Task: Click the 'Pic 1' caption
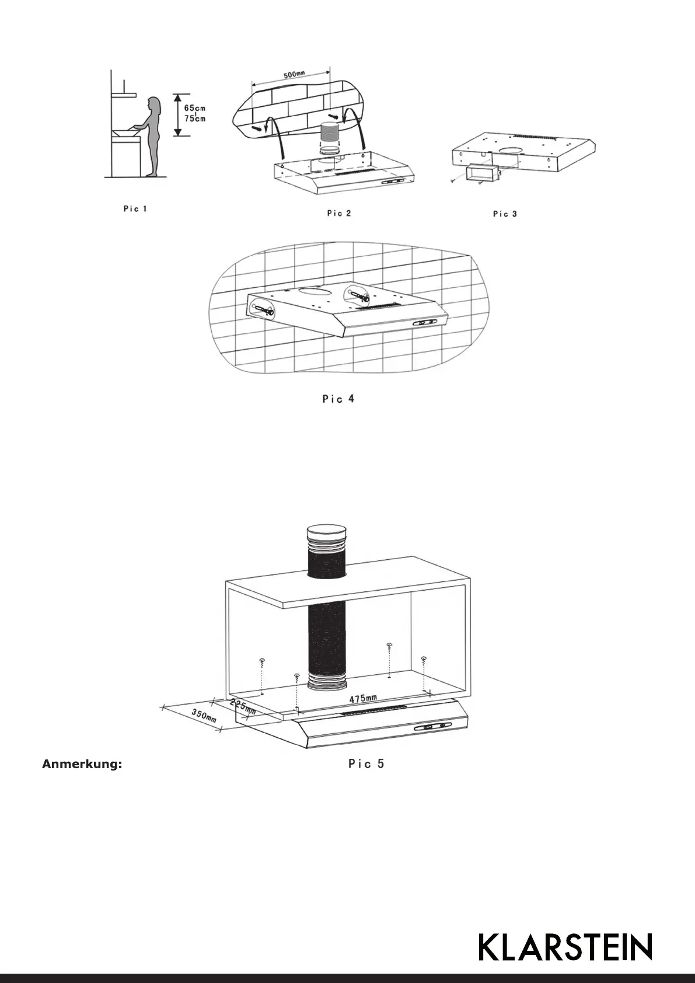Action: click(x=135, y=209)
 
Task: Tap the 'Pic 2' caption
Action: click(x=338, y=214)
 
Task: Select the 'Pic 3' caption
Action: click(x=505, y=214)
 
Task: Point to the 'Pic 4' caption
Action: click(x=338, y=399)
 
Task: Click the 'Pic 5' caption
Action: click(x=366, y=764)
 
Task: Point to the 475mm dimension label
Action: click(x=363, y=699)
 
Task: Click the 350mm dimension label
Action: click(x=204, y=715)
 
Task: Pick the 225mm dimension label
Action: click(x=243, y=706)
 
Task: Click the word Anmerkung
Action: click(x=82, y=765)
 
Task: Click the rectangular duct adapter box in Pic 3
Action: click(x=480, y=173)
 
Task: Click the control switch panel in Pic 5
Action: click(x=434, y=727)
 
